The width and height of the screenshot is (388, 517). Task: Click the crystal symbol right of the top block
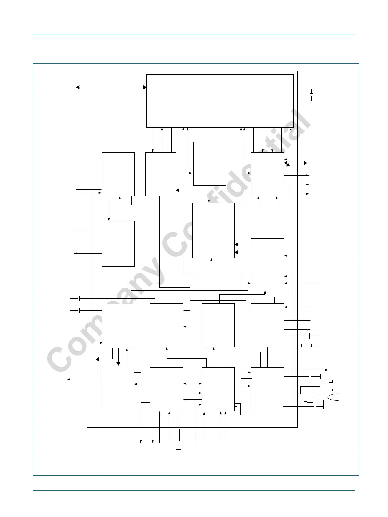pyautogui.click(x=311, y=95)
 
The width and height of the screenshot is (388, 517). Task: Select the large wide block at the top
pyautogui.click(x=220, y=101)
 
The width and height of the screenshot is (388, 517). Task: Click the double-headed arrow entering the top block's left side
pyautogui.click(x=111, y=87)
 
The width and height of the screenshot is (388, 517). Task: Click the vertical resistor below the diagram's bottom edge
pyautogui.click(x=178, y=435)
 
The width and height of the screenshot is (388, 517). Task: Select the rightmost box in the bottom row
pyautogui.click(x=267, y=389)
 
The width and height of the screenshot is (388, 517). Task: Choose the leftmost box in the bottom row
pyautogui.click(x=117, y=388)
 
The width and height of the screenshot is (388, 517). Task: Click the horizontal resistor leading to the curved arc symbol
pyautogui.click(x=312, y=394)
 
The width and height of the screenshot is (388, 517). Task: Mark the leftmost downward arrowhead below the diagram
pyautogui.click(x=141, y=441)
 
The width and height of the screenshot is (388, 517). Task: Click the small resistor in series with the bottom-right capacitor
pyautogui.click(x=310, y=402)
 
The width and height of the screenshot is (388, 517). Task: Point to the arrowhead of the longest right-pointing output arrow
pyautogui.click(x=327, y=370)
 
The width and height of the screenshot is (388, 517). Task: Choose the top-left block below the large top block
pyautogui.click(x=118, y=174)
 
